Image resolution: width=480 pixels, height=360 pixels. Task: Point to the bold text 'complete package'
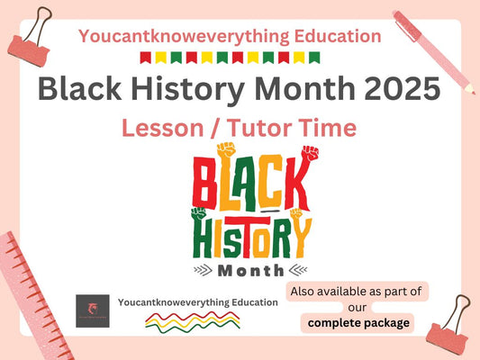pos(359,322)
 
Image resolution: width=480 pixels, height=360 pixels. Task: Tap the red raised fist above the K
pos(309,154)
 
